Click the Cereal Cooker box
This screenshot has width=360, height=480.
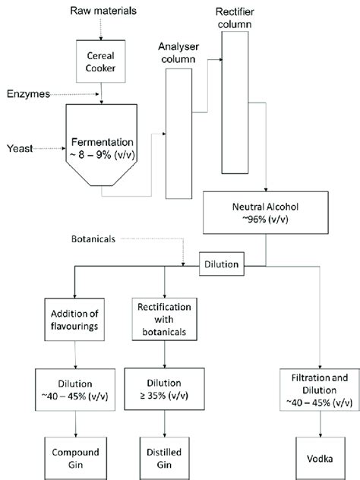click(x=101, y=62)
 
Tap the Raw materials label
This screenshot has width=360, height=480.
click(x=103, y=11)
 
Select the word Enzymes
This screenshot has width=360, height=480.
click(x=28, y=93)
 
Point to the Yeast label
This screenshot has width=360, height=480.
click(x=20, y=148)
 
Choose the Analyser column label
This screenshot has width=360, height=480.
click(x=178, y=52)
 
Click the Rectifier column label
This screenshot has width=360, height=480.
click(x=235, y=18)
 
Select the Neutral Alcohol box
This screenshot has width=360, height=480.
click(x=266, y=213)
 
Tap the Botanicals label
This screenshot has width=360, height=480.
click(x=93, y=239)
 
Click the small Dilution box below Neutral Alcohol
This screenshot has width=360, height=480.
click(x=222, y=264)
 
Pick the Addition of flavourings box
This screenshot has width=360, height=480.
click(x=74, y=320)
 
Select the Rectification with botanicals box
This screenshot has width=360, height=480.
click(x=164, y=319)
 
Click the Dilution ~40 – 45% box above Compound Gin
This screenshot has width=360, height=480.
click(x=75, y=390)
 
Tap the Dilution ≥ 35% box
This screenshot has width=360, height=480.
click(x=164, y=389)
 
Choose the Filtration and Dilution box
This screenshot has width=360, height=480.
click(x=320, y=390)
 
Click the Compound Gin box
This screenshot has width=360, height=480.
click(x=76, y=458)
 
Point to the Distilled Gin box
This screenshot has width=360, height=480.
click(x=164, y=458)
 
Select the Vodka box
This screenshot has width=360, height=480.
click(x=321, y=458)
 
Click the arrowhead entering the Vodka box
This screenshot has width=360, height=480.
click(x=321, y=435)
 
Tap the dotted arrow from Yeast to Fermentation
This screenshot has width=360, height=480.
click(x=49, y=148)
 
